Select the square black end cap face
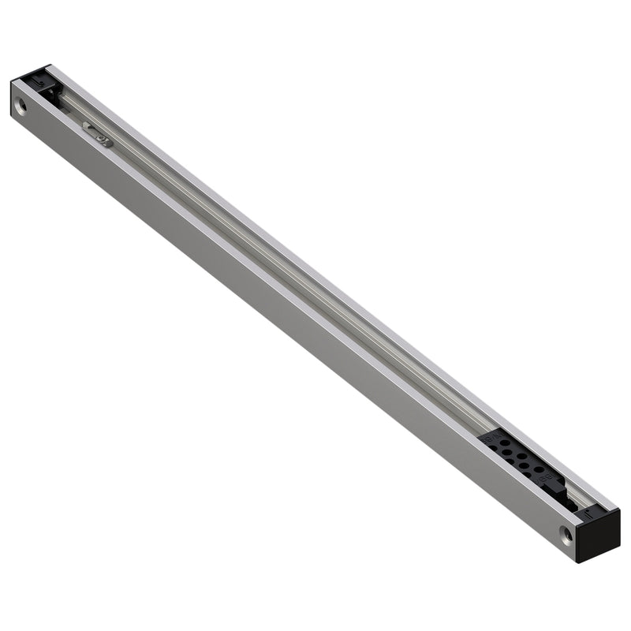(599, 536)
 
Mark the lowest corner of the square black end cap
(578, 561)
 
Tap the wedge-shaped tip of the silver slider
(85, 126)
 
